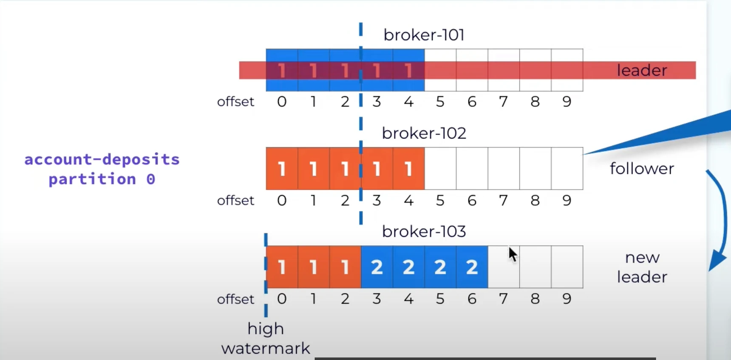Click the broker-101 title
(424, 35)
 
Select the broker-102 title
(424, 133)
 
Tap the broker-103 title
(424, 231)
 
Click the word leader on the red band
(642, 70)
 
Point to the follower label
(642, 169)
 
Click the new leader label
(642, 267)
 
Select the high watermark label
(266, 338)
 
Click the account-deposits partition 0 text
(102, 169)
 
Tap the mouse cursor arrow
(513, 255)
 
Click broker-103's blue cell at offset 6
(472, 267)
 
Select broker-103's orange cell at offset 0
(282, 267)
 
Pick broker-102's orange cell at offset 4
(408, 169)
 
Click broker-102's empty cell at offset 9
(567, 169)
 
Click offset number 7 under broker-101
(503, 102)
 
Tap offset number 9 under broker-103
(567, 299)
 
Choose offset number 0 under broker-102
(282, 200)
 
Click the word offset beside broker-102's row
(235, 200)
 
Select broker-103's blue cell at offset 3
(377, 267)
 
